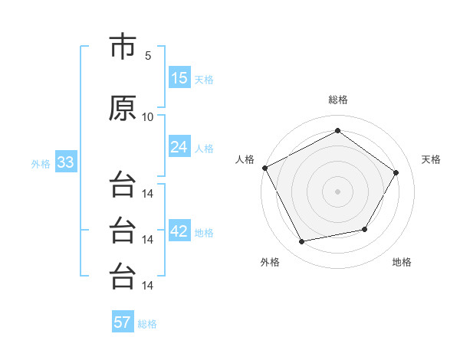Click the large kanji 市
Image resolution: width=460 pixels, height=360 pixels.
coord(123,46)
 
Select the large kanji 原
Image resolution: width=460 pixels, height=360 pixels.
coord(123,108)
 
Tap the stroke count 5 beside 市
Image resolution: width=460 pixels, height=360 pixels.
coord(148,56)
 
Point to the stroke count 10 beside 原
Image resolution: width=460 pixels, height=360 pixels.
coord(147,117)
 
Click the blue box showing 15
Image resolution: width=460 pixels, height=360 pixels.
coord(180,77)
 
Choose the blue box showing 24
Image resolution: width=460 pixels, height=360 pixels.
coord(180,146)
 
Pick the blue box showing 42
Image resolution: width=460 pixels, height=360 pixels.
coord(180,230)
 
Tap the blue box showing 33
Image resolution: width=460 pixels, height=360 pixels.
coord(66,162)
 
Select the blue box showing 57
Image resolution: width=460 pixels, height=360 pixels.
coord(123,321)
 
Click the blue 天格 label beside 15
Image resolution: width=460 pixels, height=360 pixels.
coord(204,80)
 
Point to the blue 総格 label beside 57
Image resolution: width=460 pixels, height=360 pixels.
coord(147,324)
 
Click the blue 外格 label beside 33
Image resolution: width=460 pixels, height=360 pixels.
coord(41,164)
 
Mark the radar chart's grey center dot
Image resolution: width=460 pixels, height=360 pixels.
coord(337,191)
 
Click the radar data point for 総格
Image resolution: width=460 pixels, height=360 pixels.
coord(337,130)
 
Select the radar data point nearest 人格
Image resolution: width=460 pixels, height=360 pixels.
coord(265,168)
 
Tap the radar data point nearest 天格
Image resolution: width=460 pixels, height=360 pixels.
coord(396,172)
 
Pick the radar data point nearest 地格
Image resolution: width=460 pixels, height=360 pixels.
coord(365,229)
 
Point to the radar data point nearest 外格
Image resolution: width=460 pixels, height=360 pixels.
coord(301,241)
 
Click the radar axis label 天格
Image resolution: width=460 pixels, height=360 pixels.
coord(431,159)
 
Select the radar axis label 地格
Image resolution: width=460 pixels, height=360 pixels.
coord(402,262)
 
